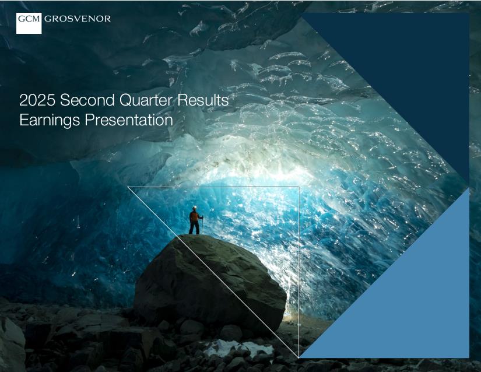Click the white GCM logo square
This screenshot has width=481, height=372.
pyautogui.click(x=29, y=23)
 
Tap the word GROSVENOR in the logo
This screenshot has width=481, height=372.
pyautogui.click(x=78, y=19)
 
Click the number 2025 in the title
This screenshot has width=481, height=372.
pyautogui.click(x=37, y=100)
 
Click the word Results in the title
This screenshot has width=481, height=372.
pyautogui.click(x=203, y=100)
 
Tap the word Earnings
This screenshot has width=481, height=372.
pyautogui.click(x=50, y=120)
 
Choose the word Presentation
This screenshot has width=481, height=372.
pyautogui.click(x=129, y=120)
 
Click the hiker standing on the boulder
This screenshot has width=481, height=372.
pyautogui.click(x=195, y=220)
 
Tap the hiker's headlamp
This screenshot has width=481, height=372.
pyautogui.click(x=194, y=208)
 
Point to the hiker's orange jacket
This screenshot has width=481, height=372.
pyautogui.click(x=194, y=216)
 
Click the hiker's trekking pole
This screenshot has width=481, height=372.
pyautogui.click(x=202, y=225)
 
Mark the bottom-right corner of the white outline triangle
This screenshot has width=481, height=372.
pyautogui.click(x=299, y=357)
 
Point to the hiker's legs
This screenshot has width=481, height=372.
pyautogui.click(x=194, y=228)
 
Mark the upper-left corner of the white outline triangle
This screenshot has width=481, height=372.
pyautogui.click(x=127, y=187)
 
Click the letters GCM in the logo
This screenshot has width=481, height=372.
pyautogui.click(x=29, y=19)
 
